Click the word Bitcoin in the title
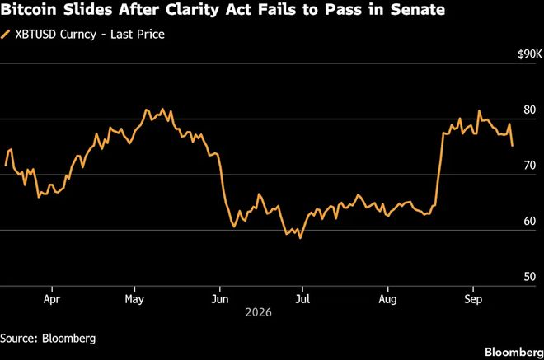29,9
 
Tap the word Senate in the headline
417,9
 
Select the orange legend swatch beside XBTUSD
6,35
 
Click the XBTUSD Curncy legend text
55,35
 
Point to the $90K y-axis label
530,54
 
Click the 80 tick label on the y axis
530,110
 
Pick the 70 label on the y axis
530,166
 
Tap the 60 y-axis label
530,221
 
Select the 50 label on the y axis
530,277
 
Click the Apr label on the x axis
52,299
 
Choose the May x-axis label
134,299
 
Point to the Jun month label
219,299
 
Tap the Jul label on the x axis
302,299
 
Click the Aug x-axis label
387,299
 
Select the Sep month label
473,299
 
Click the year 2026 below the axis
259,312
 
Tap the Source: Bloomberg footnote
48,338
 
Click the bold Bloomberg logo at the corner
514,352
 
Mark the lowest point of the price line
300,238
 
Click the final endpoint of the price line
512,146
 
